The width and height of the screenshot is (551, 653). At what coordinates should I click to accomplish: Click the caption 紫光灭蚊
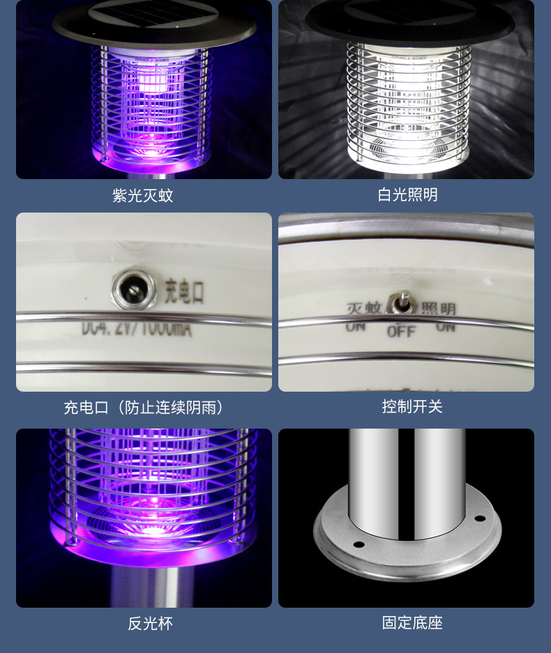(143, 196)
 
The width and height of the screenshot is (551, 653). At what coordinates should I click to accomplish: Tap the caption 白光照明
(407, 195)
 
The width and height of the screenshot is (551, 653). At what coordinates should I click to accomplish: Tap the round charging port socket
(130, 289)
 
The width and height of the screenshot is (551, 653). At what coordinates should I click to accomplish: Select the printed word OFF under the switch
(401, 331)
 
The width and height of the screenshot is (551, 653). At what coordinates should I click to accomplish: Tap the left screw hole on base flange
(358, 544)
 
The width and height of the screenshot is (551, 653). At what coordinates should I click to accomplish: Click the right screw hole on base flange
(480, 518)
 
